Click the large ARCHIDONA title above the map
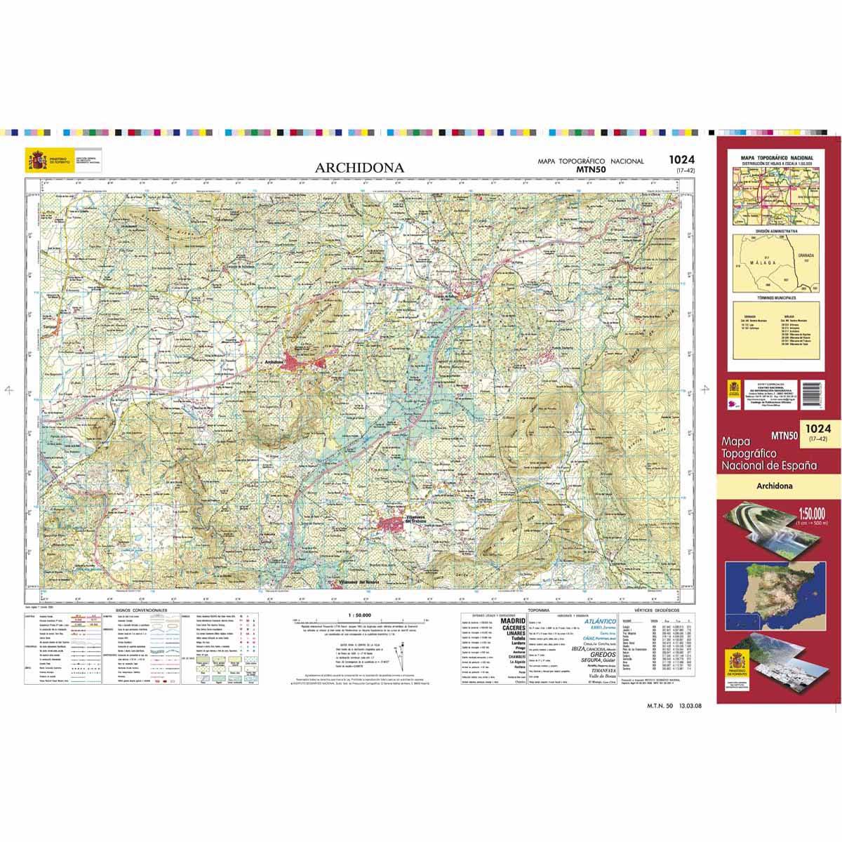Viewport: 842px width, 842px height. coord(359,168)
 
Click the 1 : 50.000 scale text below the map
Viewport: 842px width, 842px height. coord(359,614)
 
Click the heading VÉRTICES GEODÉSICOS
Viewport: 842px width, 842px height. coord(657,612)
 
